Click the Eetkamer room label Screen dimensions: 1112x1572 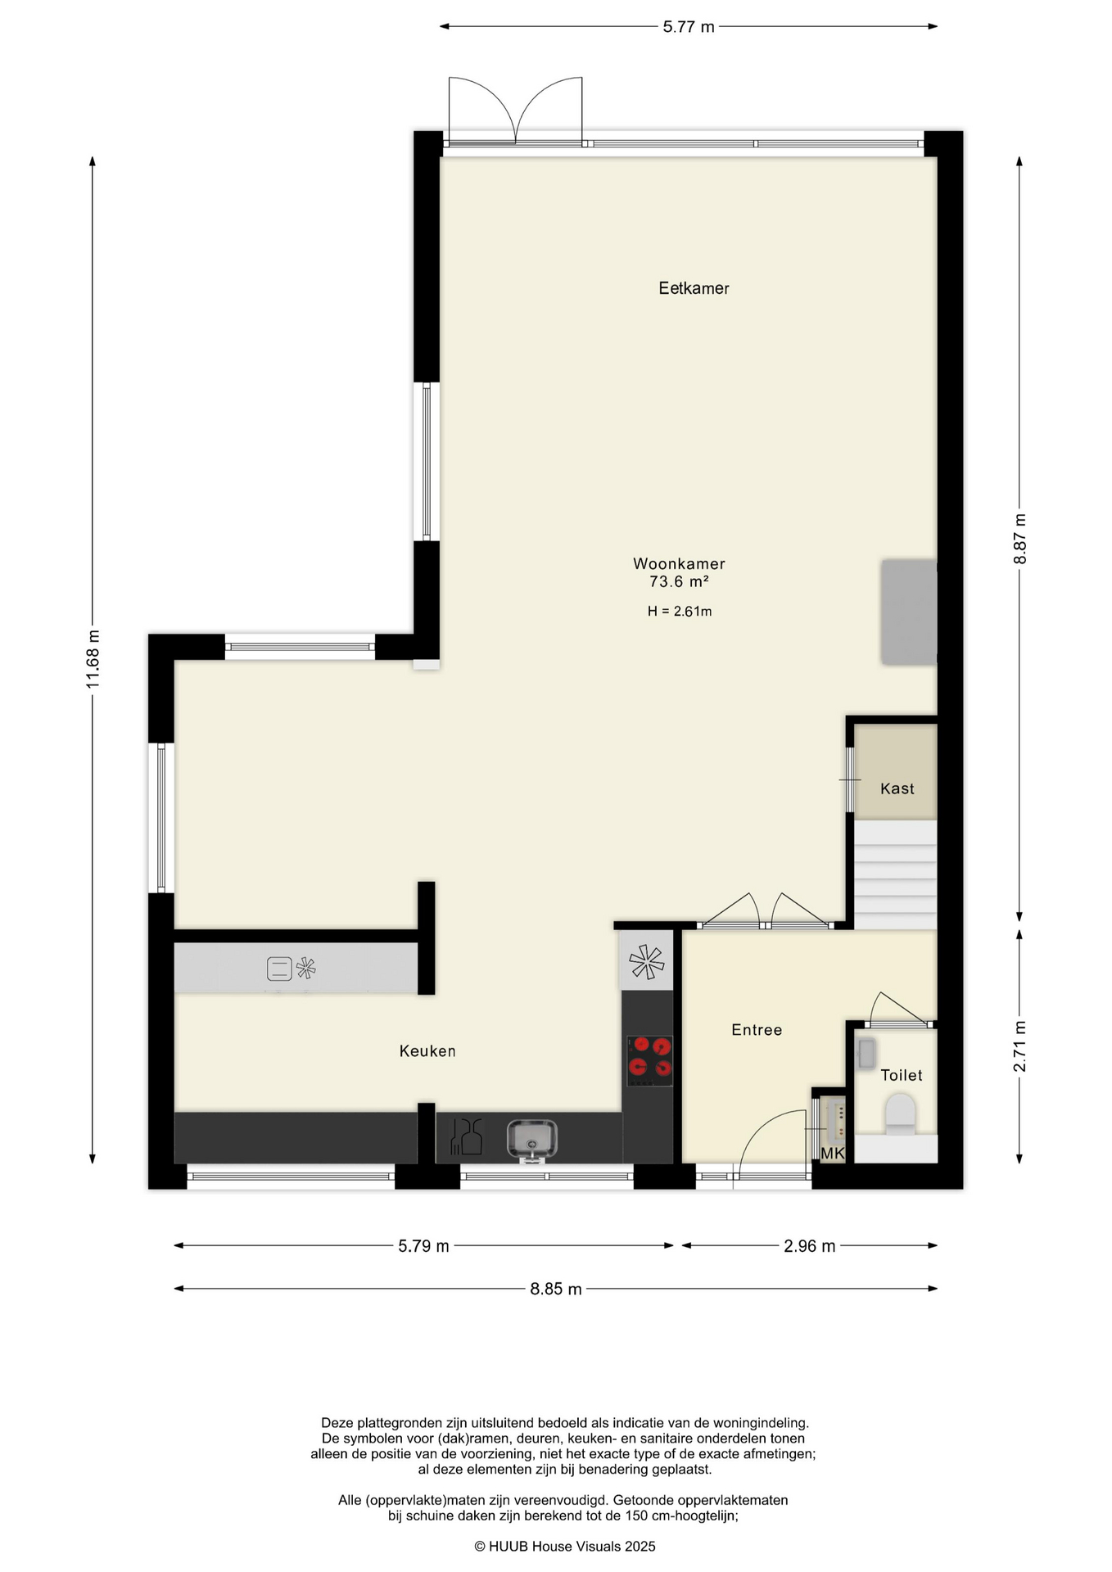694,288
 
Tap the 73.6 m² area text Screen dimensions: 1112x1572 679,581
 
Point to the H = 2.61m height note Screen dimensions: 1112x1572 680,611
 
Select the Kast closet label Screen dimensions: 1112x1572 897,788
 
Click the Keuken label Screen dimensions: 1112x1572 427,1050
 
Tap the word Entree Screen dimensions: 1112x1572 757,1030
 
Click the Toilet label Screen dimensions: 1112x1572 902,1075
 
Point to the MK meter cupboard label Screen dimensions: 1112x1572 832,1153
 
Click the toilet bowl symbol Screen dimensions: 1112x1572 900,1115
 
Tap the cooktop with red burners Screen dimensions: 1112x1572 650,1060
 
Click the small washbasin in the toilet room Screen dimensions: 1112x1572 866,1054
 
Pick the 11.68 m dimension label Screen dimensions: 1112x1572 93,659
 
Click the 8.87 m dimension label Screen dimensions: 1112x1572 1019,539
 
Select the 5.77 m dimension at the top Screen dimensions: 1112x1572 689,26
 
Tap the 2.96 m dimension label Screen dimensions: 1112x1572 809,1246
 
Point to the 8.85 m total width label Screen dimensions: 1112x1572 556,1289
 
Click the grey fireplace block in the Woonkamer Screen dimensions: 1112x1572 908,612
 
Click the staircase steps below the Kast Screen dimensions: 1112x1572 895,874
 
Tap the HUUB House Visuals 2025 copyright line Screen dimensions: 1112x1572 565,1547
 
